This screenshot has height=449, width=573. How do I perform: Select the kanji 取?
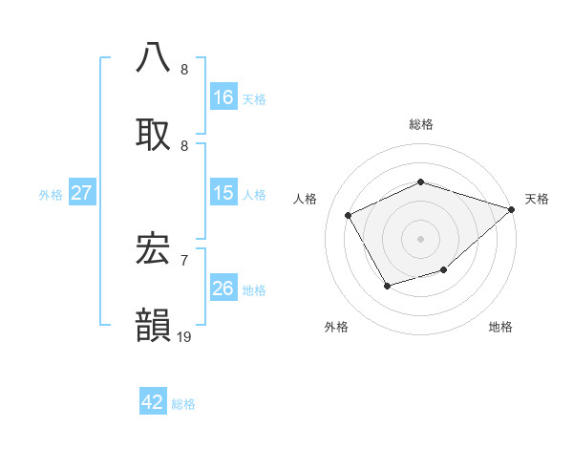pyautogui.click(x=153, y=132)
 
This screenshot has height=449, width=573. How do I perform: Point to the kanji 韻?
pyautogui.click(x=153, y=324)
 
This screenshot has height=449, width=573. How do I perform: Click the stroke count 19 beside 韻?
pyautogui.click(x=183, y=336)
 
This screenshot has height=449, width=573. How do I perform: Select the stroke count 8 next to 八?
pyautogui.click(x=183, y=69)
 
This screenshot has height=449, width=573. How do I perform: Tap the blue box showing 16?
pyautogui.click(x=223, y=97)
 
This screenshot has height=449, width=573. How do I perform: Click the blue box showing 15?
pyautogui.click(x=223, y=193)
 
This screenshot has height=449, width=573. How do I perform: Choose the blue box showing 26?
pyautogui.click(x=223, y=289)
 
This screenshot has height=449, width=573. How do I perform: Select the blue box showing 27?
pyautogui.click(x=82, y=193)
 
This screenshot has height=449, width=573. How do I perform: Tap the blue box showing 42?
pyautogui.click(x=153, y=402)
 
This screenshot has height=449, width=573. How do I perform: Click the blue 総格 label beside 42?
pyautogui.click(x=183, y=404)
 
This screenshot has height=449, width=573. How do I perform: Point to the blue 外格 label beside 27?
pyautogui.click(x=51, y=195)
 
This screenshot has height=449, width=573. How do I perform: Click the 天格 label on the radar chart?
pyautogui.click(x=537, y=199)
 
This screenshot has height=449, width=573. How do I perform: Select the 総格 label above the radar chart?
pyautogui.click(x=420, y=124)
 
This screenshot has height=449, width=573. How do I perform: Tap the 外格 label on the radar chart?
pyautogui.click(x=336, y=327)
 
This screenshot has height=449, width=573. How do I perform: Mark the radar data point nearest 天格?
pyautogui.click(x=512, y=209)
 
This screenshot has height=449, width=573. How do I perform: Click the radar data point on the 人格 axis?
pyautogui.click(x=349, y=216)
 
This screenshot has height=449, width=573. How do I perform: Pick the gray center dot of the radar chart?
pyautogui.click(x=420, y=239)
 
